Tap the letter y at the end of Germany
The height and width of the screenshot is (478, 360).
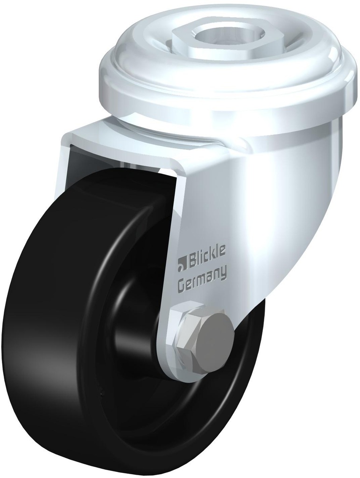coord(224,273)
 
